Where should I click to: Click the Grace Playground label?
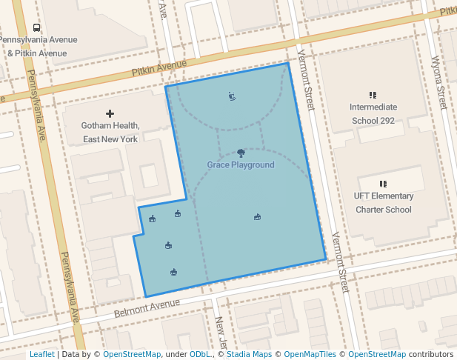click(x=240, y=165)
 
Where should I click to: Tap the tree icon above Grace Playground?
click(x=241, y=153)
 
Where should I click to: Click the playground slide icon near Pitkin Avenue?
click(x=232, y=96)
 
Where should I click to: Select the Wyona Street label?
click(x=438, y=81)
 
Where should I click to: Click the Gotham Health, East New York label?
click(x=110, y=133)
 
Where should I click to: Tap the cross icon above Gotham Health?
click(x=110, y=113)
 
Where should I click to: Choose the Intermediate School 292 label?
click(x=373, y=113)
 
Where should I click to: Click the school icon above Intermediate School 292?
click(x=373, y=95)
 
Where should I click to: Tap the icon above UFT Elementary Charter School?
click(x=383, y=184)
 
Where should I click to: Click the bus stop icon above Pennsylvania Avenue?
click(x=37, y=27)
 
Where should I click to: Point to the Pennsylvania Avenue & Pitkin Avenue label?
click(x=37, y=46)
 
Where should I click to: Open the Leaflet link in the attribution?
click(x=42, y=355)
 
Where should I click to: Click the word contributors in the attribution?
click(x=431, y=355)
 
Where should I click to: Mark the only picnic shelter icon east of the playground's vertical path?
click(x=257, y=217)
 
